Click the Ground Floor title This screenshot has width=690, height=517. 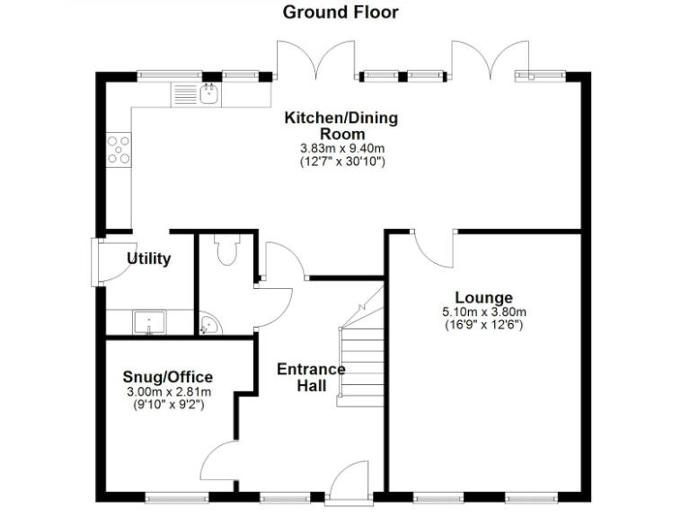click(341, 13)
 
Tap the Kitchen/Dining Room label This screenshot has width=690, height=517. click(341, 127)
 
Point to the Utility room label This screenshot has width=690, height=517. click(148, 259)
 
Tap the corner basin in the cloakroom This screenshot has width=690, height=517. click(208, 323)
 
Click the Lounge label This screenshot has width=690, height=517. click(483, 298)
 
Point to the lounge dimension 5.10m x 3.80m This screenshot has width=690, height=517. click(483, 312)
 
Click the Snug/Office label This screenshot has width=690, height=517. click(170, 378)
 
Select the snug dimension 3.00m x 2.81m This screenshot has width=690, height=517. click(170, 392)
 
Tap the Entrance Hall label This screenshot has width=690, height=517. click(311, 377)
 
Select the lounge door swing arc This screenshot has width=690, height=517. click(436, 251)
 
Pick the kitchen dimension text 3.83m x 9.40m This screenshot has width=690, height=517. click(341, 149)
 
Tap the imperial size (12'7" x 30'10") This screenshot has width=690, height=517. click(341, 162)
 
